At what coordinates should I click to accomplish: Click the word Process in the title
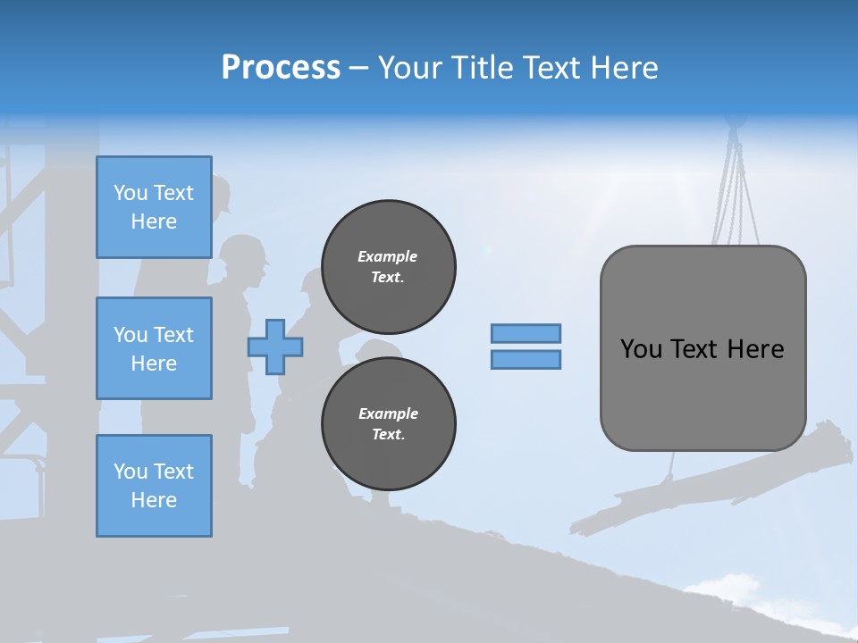tap(281, 68)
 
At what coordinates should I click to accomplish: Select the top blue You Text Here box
tap(154, 207)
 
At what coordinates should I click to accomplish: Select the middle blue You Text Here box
tap(154, 348)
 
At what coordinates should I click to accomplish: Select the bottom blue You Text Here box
tap(154, 486)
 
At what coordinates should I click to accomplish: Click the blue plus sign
tap(275, 347)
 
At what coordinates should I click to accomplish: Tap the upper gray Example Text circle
tap(388, 266)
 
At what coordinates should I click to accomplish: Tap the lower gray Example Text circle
tap(388, 423)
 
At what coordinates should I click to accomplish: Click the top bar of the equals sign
tap(526, 333)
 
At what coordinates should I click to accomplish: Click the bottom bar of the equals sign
tap(526, 359)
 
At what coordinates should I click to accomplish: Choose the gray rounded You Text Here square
tap(702, 348)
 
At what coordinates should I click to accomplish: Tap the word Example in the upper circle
tap(388, 256)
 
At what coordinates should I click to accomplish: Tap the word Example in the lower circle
tap(388, 413)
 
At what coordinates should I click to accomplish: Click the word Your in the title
tap(409, 68)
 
